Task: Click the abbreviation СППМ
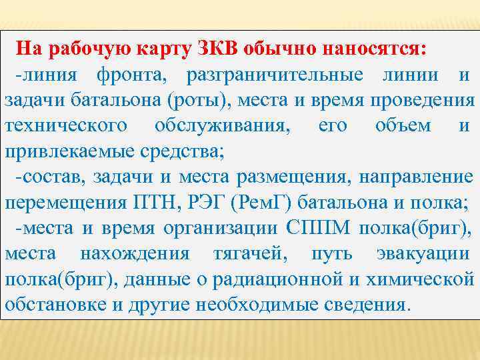320,228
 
